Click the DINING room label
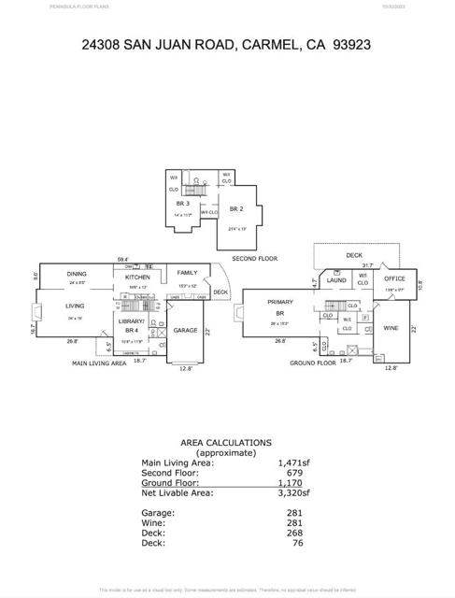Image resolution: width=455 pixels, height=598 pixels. tap(77, 275)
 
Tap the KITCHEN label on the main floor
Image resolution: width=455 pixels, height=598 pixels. tap(137, 278)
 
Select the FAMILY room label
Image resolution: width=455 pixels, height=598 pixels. tap(187, 273)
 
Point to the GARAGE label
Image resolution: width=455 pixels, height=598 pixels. tap(185, 330)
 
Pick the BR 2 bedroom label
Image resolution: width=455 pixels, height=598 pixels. tap(236, 209)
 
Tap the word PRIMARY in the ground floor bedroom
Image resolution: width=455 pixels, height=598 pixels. tap(280, 302)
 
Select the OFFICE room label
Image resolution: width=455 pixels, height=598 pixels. tap(395, 278)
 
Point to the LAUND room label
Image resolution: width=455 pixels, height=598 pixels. tap(336, 280)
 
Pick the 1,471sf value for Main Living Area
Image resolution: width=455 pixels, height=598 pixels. tap(292, 463)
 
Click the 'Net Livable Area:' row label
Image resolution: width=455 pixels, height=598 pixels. tap(177, 492)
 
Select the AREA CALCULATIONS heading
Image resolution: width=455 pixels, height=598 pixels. tap(225, 443)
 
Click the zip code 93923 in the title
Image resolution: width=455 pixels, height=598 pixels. tap(353, 44)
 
